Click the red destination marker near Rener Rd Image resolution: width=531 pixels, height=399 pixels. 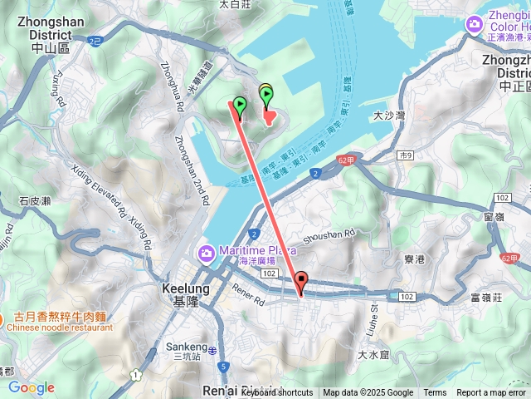coord(301,282)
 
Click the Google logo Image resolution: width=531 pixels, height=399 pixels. coord(31,387)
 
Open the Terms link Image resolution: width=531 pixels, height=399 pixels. coord(435,393)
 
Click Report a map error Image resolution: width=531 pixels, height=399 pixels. coord(492,393)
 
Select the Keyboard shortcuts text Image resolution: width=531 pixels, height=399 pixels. coord(277,393)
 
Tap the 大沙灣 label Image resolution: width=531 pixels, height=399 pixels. coord(389,116)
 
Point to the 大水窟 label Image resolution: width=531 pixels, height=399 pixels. coord(373,355)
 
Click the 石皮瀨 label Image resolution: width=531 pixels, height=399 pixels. coord(35,200)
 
